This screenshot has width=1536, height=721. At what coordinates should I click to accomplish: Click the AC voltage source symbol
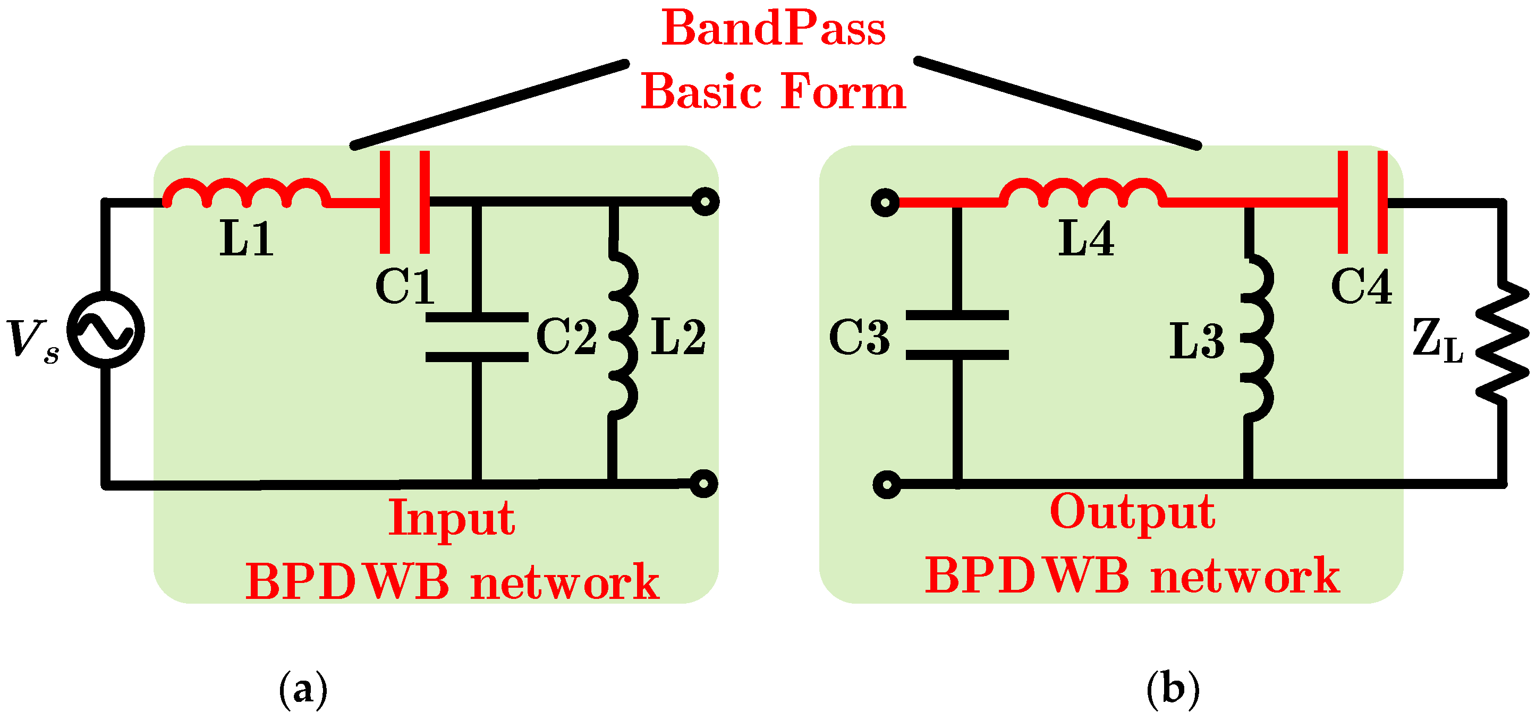pyautogui.click(x=106, y=330)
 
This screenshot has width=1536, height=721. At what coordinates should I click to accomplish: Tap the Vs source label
pyautogui.click(x=33, y=340)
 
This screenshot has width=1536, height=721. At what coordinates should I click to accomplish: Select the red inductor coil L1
pyautogui.click(x=247, y=193)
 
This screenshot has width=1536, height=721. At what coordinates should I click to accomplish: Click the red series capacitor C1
pyautogui.click(x=404, y=202)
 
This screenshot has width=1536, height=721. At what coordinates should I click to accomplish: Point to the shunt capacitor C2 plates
pyautogui.click(x=477, y=337)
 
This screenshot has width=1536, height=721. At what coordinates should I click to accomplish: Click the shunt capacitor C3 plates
pyautogui.click(x=957, y=335)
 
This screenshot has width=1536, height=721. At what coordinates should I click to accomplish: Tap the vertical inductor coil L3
pyautogui.click(x=1258, y=338)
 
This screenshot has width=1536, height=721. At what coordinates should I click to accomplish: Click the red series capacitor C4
pyautogui.click(x=1362, y=202)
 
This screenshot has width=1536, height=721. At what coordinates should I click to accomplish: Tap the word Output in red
pyautogui.click(x=1132, y=513)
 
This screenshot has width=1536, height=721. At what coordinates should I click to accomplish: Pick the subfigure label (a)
pyautogui.click(x=303, y=690)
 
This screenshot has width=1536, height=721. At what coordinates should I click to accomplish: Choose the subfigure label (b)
pyautogui.click(x=1172, y=690)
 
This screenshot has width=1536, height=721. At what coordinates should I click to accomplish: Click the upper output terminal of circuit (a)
pyautogui.click(x=706, y=202)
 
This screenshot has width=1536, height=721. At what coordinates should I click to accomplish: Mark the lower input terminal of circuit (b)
pyautogui.click(x=887, y=484)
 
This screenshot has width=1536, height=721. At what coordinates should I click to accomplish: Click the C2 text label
pyautogui.click(x=566, y=336)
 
